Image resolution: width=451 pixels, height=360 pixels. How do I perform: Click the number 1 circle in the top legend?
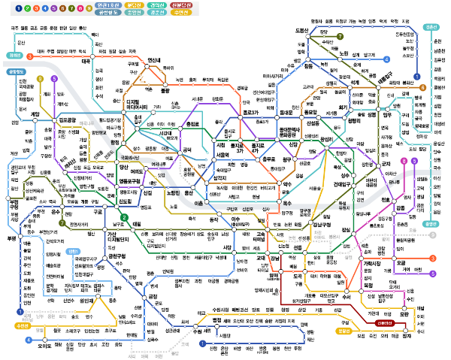[7, 8]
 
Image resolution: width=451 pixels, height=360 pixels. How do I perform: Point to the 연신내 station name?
[154, 60]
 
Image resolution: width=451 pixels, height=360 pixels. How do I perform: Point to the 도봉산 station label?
[303, 30]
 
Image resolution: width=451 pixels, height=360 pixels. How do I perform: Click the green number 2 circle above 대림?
[125, 218]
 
